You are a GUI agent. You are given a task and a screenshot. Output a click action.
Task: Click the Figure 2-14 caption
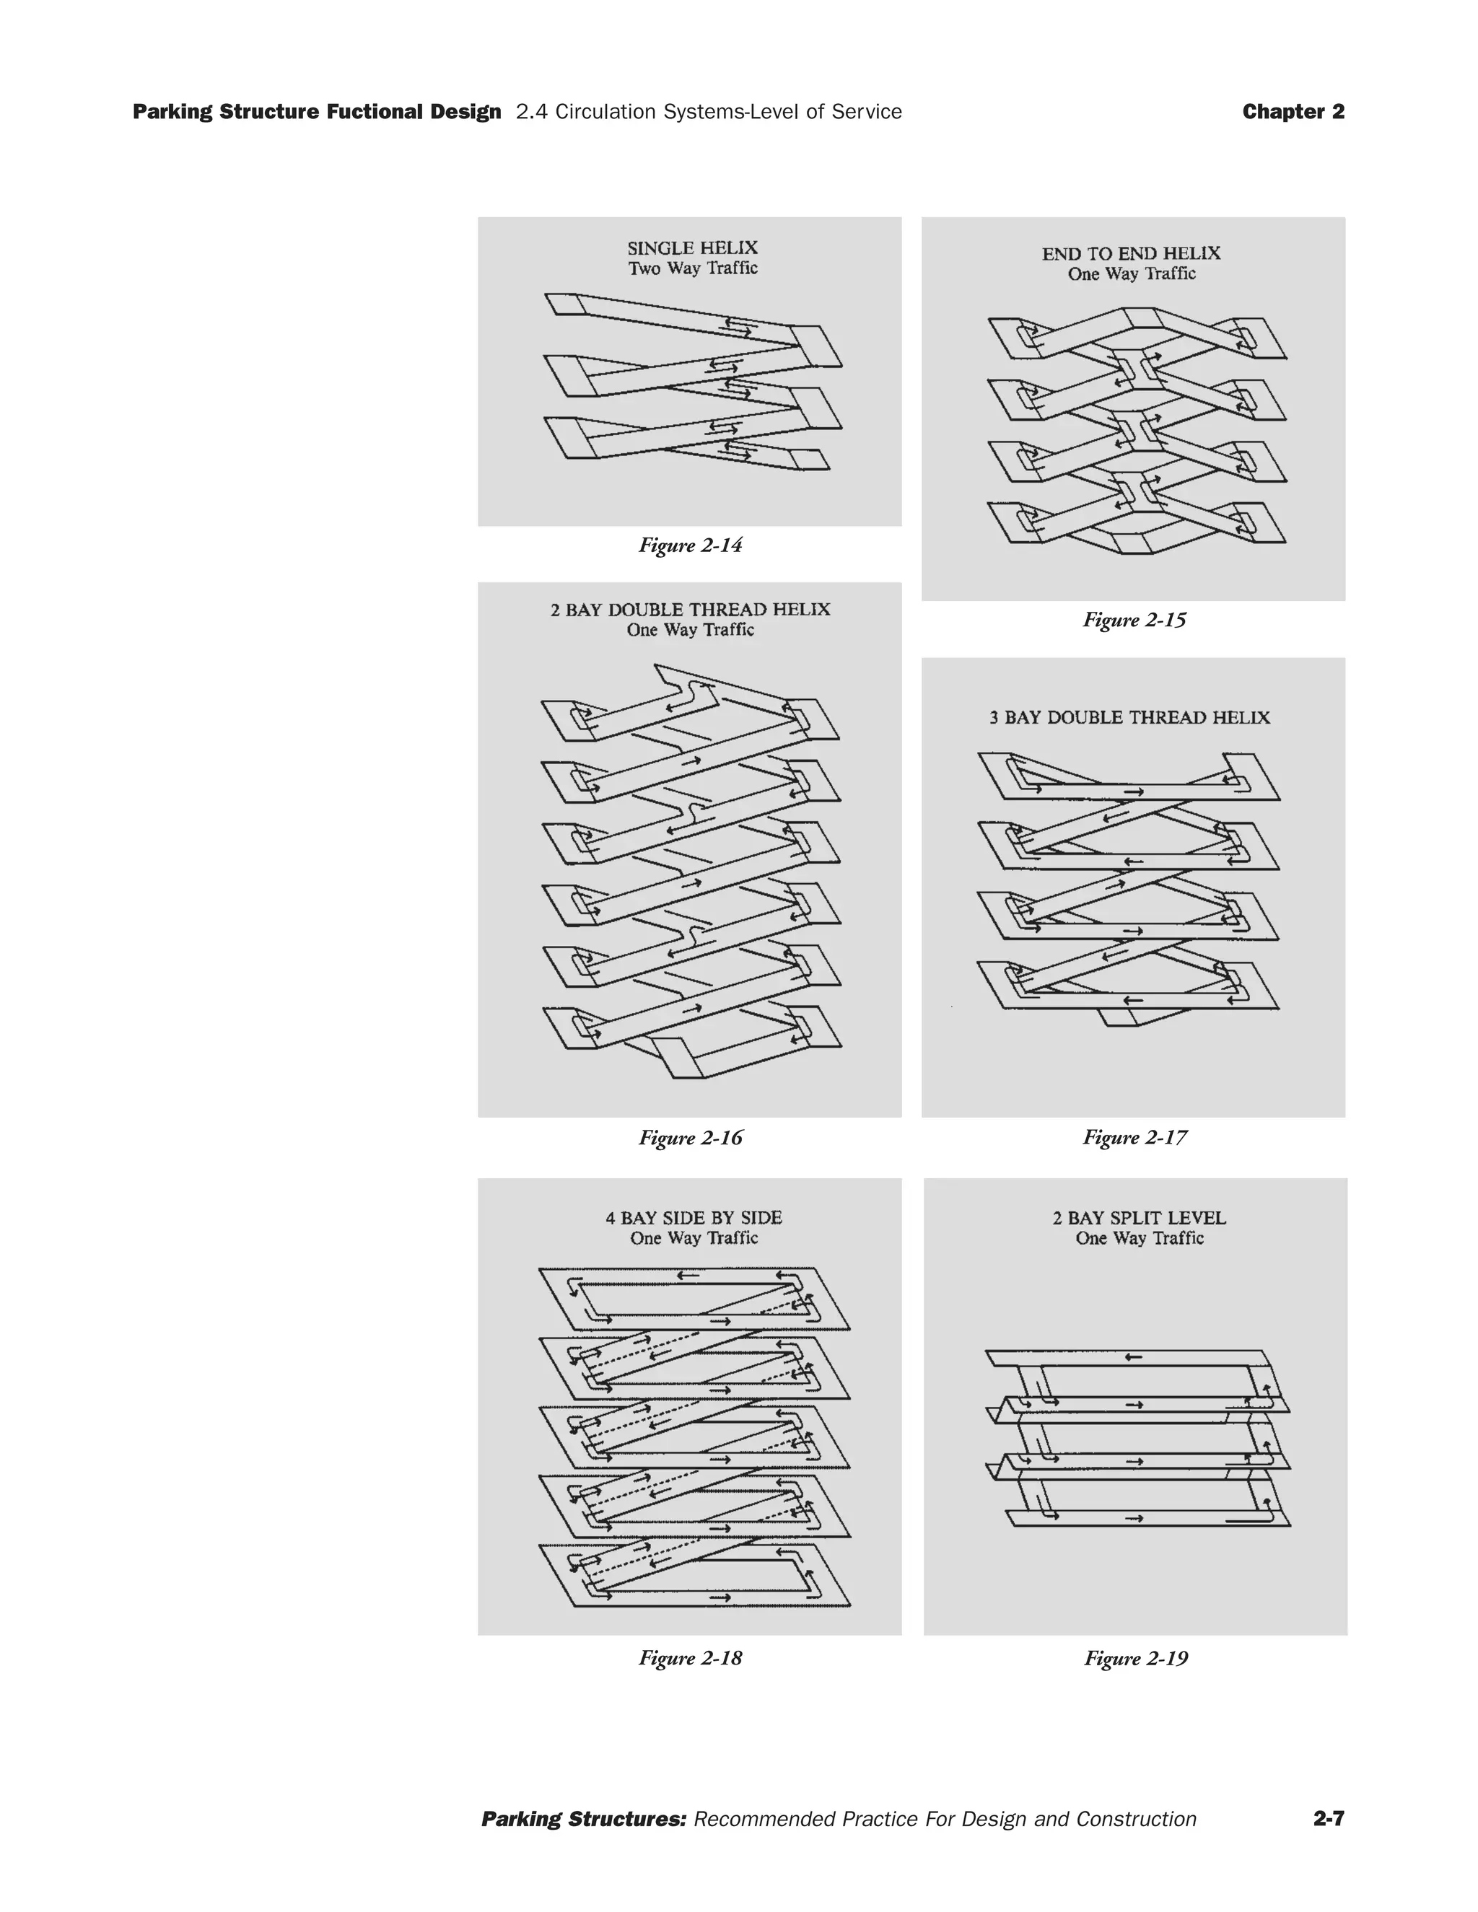coord(690,545)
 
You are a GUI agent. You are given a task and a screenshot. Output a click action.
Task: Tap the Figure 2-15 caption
coord(1134,620)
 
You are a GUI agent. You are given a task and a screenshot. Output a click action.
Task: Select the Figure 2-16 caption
coord(690,1137)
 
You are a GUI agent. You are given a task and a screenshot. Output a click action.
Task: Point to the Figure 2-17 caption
coord(1134,1137)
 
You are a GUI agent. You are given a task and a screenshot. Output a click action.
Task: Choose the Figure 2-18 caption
coord(690,1657)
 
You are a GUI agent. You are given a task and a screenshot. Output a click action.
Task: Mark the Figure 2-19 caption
coord(1136,1658)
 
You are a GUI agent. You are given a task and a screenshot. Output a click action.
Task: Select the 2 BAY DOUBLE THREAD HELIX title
coord(690,610)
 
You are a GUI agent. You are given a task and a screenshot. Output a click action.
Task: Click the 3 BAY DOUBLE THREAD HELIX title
coord(1129,718)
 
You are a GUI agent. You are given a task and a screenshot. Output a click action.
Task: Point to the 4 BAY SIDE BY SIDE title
coord(694,1218)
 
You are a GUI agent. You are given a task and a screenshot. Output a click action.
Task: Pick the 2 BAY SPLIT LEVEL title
coord(1139,1218)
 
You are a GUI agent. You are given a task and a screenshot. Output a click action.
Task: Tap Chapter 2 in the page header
coord(1293,112)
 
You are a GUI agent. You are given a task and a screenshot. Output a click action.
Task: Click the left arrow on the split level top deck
coord(1133,1358)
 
